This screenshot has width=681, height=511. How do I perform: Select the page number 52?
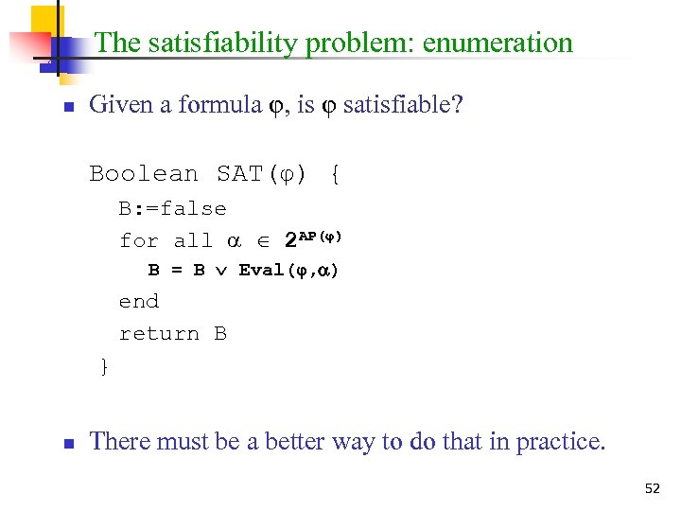coord(652,488)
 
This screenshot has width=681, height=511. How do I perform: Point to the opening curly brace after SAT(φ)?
coord(336,174)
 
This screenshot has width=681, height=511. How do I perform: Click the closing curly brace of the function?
coord(104,366)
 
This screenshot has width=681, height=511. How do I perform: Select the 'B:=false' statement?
coord(173,208)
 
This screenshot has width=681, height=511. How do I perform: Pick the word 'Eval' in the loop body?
coord(261,271)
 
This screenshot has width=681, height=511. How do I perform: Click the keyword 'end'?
coord(139,302)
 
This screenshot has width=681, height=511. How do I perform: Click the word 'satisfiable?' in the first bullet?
coord(403,104)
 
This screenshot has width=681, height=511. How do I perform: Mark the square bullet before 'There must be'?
coord(68,443)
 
